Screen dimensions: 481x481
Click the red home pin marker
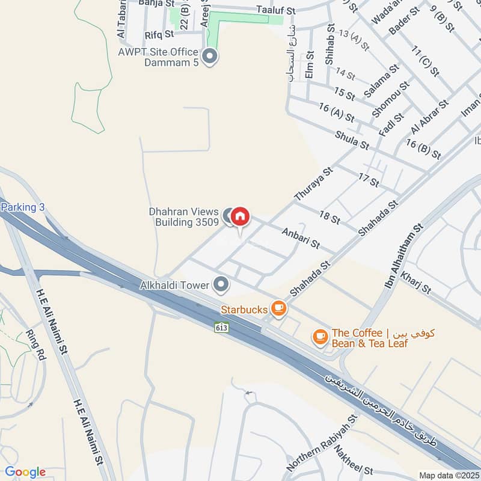(240, 216)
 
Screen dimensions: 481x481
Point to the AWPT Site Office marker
(210, 57)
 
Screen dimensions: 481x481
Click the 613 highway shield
(221, 328)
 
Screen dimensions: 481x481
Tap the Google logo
(25, 472)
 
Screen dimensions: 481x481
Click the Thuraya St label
(313, 184)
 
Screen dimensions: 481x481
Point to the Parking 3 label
(23, 207)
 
